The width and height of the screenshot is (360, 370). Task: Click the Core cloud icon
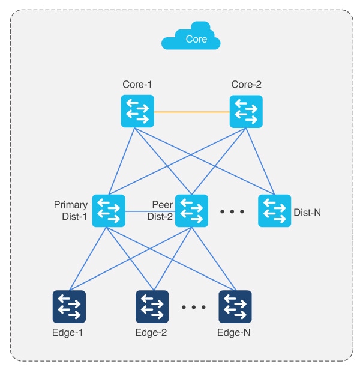191,38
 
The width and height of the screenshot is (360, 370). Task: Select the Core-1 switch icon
137,112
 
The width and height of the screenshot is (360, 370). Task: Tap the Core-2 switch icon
246,112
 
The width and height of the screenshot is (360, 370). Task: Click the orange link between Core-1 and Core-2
191,112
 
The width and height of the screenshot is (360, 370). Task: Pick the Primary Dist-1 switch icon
109,211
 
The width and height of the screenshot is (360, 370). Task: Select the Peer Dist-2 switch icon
191,211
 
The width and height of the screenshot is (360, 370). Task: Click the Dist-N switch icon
274,211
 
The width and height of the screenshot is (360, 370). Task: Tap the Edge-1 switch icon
69,306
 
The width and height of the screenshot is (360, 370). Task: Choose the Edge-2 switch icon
152,306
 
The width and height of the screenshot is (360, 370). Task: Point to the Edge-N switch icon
235,306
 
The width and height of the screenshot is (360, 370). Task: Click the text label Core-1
137,85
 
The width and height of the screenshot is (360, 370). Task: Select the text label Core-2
246,85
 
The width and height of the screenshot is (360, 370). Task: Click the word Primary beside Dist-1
71,205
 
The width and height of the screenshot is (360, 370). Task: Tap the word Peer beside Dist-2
163,205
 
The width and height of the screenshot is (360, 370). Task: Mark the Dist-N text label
307,212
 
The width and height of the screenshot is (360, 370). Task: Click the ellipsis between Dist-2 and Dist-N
232,212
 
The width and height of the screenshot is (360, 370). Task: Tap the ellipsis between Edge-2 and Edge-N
193,308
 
